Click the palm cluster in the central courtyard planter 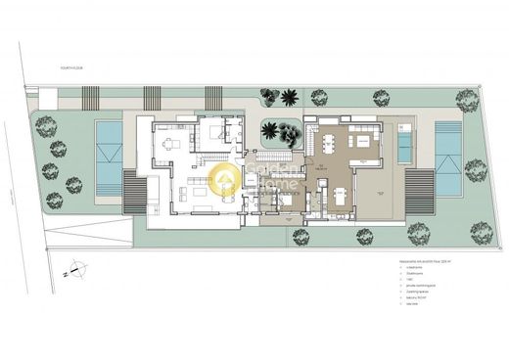tap(282, 134)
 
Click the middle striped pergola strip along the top tap(153, 98)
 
